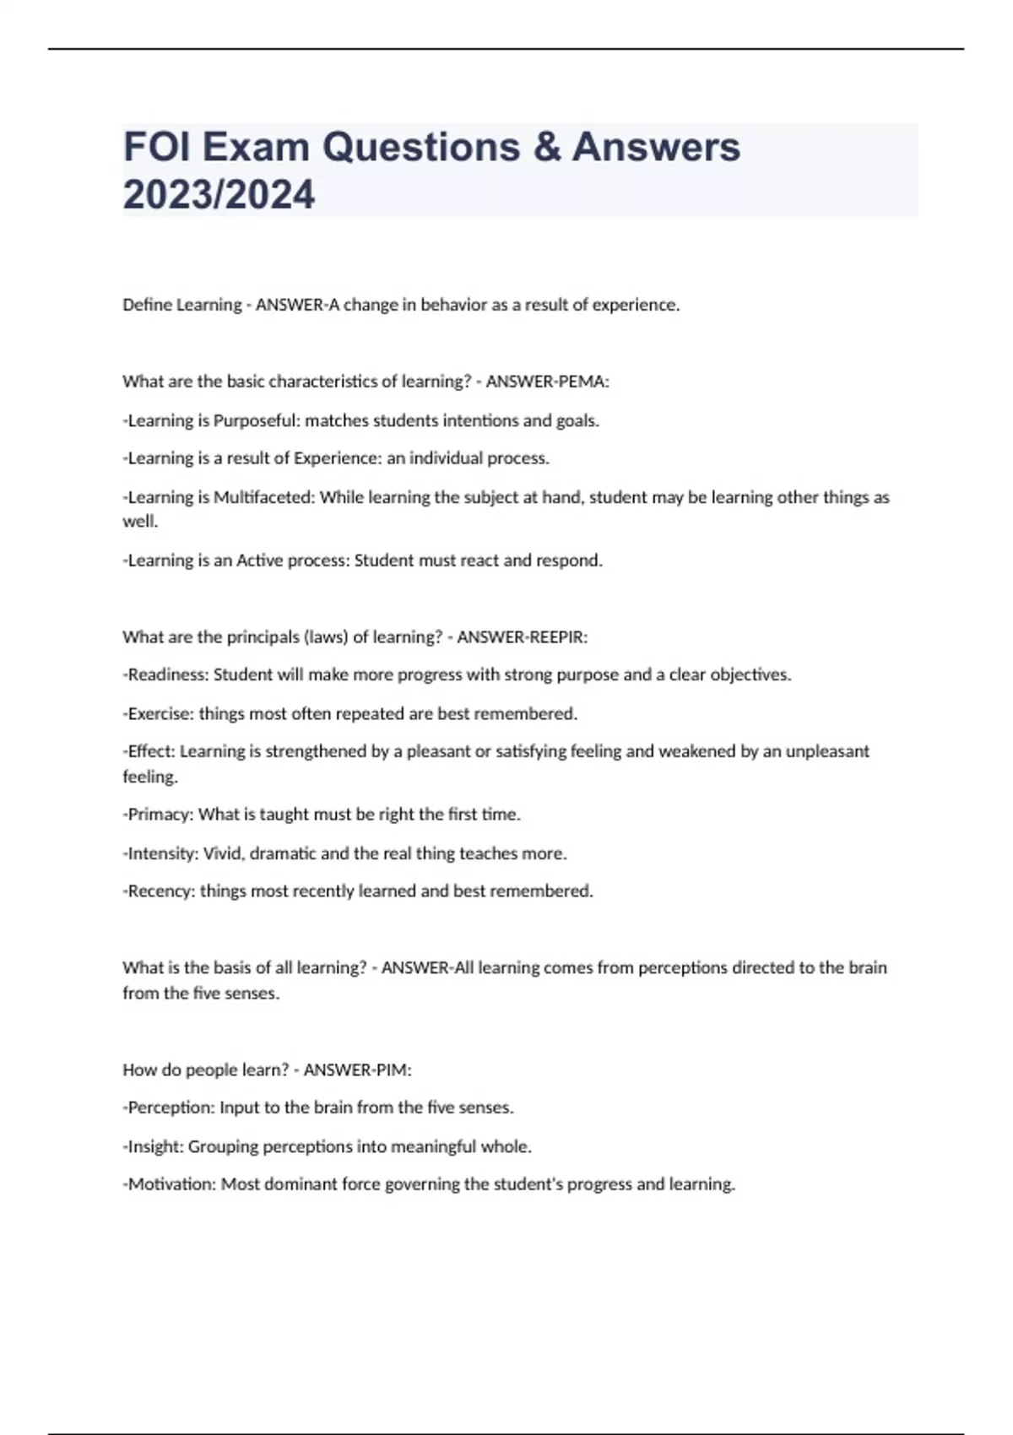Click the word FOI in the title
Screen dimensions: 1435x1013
tap(156, 147)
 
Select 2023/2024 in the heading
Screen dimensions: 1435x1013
tap(219, 195)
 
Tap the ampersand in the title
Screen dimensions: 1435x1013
tap(548, 147)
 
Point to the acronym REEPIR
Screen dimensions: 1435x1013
tap(557, 637)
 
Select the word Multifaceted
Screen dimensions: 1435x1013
tap(262, 497)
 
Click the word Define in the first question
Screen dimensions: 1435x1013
tap(146, 305)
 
